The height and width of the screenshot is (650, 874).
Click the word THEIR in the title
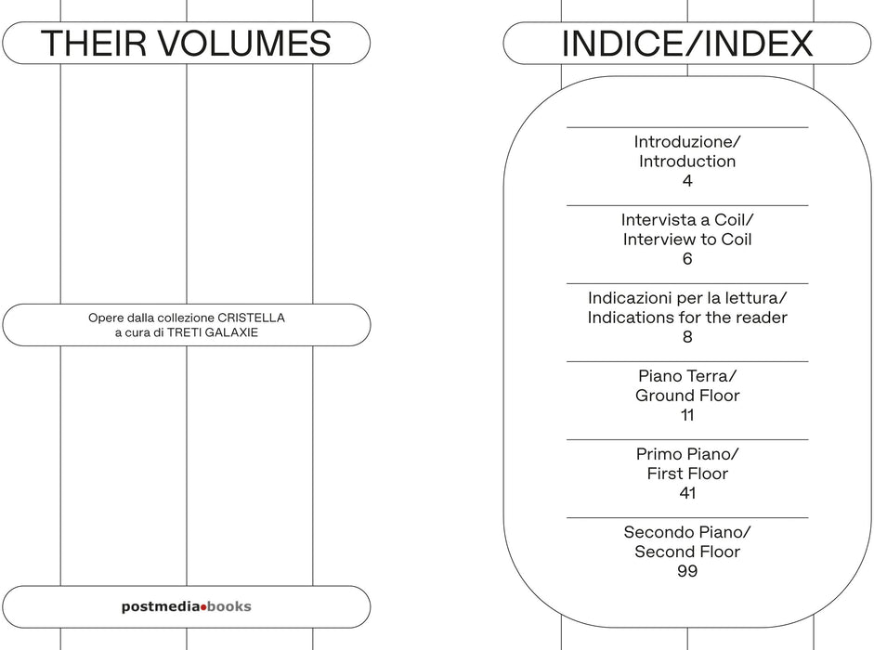(x=94, y=44)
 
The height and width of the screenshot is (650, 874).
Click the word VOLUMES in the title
(x=244, y=44)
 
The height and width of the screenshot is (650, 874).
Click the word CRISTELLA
(x=251, y=318)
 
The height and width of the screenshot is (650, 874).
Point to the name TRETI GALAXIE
(x=213, y=332)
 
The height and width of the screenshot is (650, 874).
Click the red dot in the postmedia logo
(x=203, y=607)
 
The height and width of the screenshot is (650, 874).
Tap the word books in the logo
(x=229, y=606)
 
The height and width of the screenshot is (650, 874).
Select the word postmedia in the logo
(x=161, y=607)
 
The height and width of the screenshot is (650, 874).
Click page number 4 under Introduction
(x=687, y=181)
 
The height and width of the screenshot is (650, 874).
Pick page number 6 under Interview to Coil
(x=687, y=259)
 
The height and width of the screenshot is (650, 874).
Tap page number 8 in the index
(x=687, y=337)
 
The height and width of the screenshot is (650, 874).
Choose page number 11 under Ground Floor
(x=687, y=415)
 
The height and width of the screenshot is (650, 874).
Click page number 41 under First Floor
(x=687, y=493)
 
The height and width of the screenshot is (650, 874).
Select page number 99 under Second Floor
(x=687, y=571)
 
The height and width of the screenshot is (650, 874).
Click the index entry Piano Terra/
(x=687, y=376)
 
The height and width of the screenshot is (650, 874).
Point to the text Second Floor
(x=687, y=552)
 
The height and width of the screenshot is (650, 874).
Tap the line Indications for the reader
(x=687, y=318)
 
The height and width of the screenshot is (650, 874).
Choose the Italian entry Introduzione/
(x=687, y=141)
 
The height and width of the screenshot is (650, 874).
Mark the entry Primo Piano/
(x=687, y=454)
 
